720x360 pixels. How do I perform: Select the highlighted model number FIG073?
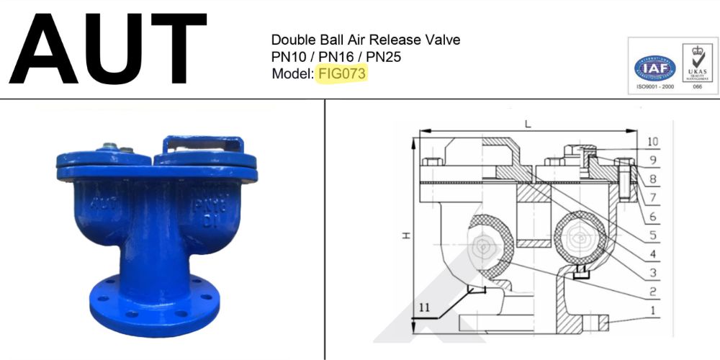pos(341,73)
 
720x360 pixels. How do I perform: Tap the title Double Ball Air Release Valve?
pos(365,40)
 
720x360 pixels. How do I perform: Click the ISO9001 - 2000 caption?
pos(654,86)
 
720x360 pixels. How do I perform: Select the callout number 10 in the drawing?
pos(653,142)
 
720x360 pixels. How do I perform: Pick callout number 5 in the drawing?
pos(652,235)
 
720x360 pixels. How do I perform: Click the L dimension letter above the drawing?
pos(528,124)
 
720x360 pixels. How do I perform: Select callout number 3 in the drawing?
pos(652,273)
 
